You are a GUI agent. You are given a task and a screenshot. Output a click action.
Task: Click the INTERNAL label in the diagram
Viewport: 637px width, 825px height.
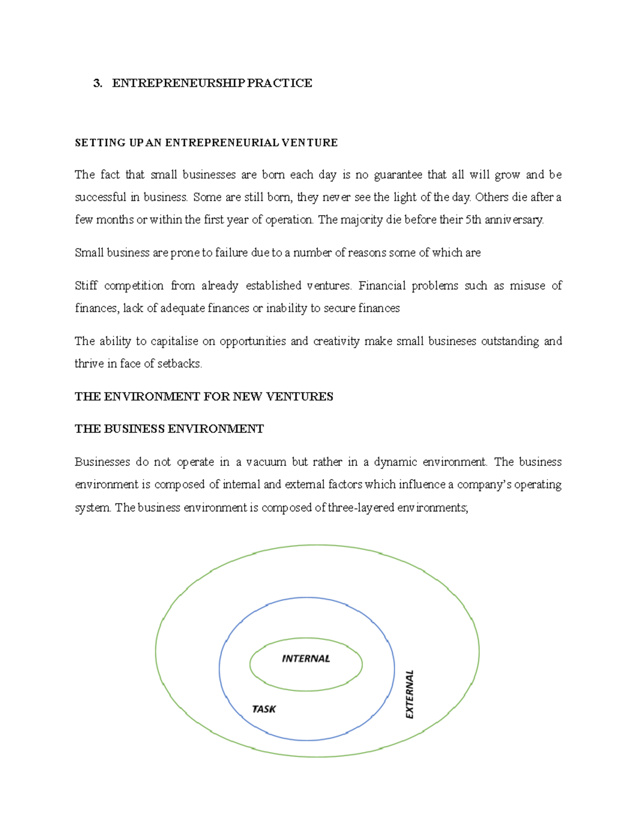306,659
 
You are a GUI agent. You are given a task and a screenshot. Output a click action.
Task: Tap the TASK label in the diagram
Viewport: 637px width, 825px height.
264,709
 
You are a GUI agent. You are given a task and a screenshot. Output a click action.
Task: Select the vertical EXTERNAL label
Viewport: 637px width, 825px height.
409,694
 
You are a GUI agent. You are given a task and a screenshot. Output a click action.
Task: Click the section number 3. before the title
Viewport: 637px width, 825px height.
97,83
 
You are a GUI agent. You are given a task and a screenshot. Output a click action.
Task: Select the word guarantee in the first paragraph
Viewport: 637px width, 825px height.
398,175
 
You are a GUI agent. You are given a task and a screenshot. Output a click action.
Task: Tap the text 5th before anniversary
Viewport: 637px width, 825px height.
473,220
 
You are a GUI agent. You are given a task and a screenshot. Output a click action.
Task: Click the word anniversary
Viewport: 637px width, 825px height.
514,220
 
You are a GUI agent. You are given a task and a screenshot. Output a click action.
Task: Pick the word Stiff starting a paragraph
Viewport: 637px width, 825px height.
86,286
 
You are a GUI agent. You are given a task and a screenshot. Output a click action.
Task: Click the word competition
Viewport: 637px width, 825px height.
134,286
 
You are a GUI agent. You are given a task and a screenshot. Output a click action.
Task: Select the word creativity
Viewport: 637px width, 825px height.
336,341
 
